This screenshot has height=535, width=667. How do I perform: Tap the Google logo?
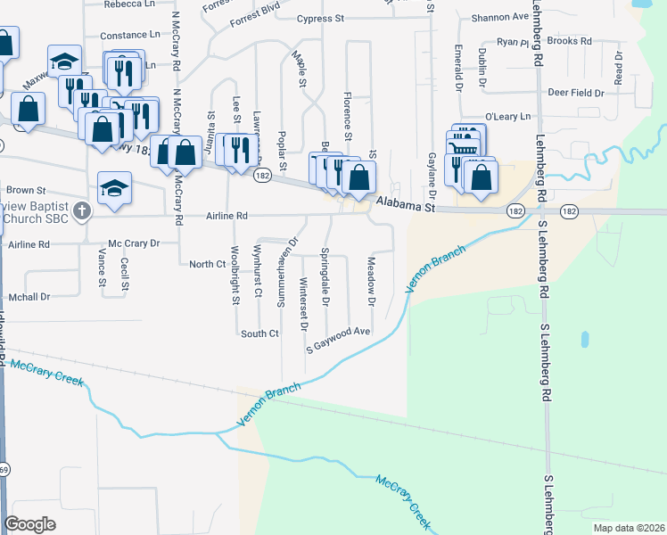pos(29,524)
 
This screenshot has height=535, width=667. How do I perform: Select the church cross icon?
pos(82,211)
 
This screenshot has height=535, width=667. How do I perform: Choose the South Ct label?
pos(259,333)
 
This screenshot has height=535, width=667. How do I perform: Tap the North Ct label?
pos(207,264)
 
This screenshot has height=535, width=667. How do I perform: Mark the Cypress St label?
pos(320,19)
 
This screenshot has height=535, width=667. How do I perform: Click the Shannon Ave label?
pos(500,17)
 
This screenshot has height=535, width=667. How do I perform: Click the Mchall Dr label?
pos(29,297)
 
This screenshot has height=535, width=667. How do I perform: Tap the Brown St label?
pos(26,190)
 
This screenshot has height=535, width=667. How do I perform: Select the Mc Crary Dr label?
pos(133,243)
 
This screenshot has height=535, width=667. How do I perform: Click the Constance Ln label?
pos(129,35)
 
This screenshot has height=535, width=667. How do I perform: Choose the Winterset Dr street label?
pos(304,302)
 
